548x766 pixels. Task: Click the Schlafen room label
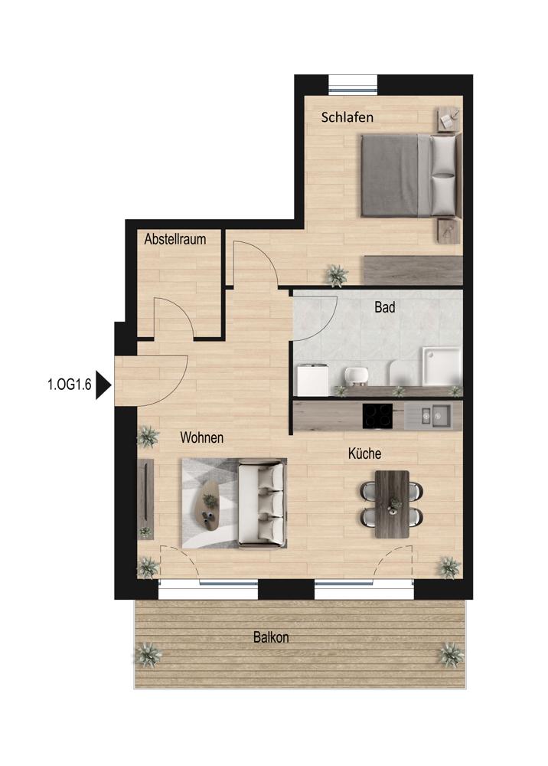(347, 117)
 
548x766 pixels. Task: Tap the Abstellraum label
(175, 239)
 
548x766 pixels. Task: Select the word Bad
(384, 307)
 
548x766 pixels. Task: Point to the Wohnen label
(201, 437)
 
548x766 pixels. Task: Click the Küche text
(364, 453)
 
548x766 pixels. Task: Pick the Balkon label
(271, 637)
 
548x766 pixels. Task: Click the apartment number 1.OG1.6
(70, 385)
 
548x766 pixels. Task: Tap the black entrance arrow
(103, 385)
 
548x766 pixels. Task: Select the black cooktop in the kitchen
(377, 416)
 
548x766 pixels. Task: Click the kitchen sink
(433, 416)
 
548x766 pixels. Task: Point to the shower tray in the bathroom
(442, 365)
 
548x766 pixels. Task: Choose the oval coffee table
(210, 505)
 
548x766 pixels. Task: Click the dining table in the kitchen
(392, 504)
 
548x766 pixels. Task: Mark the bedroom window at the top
(353, 83)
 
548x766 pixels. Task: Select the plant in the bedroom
(336, 275)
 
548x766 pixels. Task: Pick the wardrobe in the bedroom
(413, 270)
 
